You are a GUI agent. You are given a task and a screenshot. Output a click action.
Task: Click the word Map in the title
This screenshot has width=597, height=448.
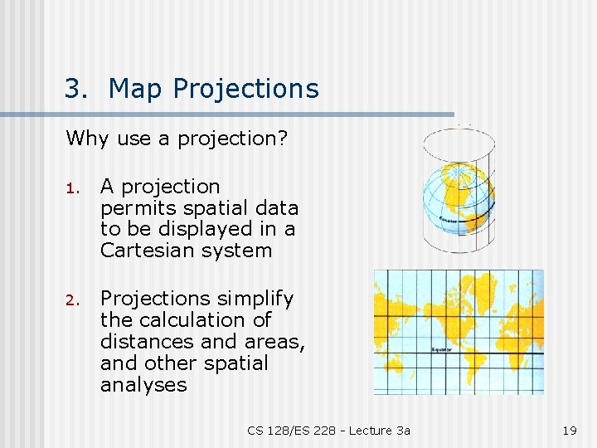(x=133, y=89)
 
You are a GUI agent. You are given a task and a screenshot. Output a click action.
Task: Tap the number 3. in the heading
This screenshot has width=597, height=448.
(x=77, y=89)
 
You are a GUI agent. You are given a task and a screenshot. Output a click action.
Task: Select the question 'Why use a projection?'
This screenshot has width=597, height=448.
(x=177, y=139)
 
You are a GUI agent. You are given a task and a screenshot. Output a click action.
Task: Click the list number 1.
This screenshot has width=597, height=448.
(x=72, y=188)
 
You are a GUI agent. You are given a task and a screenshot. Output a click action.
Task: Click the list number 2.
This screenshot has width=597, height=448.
(x=72, y=299)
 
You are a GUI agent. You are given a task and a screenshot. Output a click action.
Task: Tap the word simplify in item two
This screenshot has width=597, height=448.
(x=256, y=299)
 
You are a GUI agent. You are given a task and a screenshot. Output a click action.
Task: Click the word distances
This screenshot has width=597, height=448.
(x=141, y=342)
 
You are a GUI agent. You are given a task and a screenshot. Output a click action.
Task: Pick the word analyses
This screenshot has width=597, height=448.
(x=143, y=385)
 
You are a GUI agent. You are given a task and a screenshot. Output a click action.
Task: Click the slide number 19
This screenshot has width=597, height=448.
(x=569, y=430)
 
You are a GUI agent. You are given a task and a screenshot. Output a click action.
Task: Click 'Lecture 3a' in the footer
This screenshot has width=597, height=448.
(x=379, y=430)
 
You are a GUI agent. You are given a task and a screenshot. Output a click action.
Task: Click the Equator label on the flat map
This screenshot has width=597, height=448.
(x=441, y=349)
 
